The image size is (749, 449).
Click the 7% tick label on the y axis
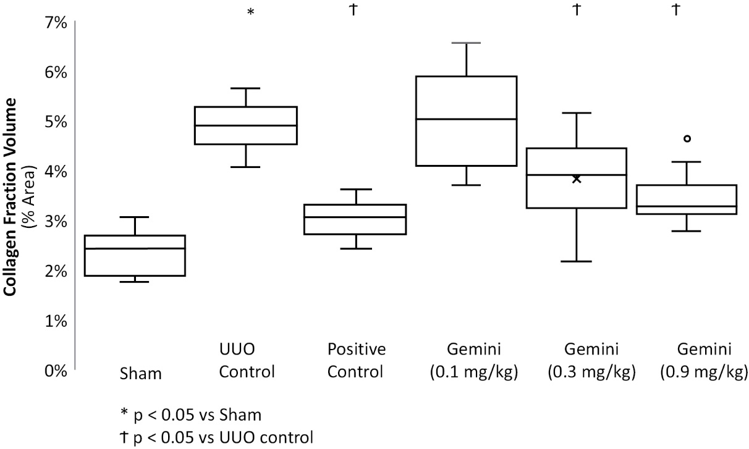pyautogui.click(x=56, y=23)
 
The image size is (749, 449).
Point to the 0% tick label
pyautogui.click(x=56, y=371)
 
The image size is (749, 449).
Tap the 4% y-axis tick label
pyautogui.click(x=56, y=172)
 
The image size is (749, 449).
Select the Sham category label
pyautogui.click(x=140, y=374)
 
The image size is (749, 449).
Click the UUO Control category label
pyautogui.click(x=247, y=361)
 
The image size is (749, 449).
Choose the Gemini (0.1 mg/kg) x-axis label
pyautogui.click(x=474, y=361)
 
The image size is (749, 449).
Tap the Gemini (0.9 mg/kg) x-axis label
pyautogui.click(x=704, y=361)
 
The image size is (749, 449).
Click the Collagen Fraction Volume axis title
pyautogui.click(x=11, y=197)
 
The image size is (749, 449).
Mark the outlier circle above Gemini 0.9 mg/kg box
pyautogui.click(x=687, y=138)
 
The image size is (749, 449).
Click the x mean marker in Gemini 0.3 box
pyautogui.click(x=576, y=179)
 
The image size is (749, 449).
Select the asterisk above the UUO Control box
pyautogui.click(x=250, y=12)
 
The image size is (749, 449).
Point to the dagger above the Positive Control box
pyautogui.click(x=353, y=10)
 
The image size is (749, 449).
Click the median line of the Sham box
pyautogui.click(x=135, y=248)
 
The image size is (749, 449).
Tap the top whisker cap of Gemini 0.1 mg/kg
pyautogui.click(x=467, y=43)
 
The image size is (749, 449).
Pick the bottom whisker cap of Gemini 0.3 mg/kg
pyautogui.click(x=576, y=261)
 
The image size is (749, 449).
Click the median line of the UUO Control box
pyautogui.click(x=246, y=125)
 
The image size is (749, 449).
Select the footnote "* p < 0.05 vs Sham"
pyautogui.click(x=191, y=415)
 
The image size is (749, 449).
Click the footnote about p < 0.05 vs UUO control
pyautogui.click(x=217, y=437)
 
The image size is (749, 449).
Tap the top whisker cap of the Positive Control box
pyautogui.click(x=357, y=189)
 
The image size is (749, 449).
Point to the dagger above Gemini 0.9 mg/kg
pyautogui.click(x=676, y=10)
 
